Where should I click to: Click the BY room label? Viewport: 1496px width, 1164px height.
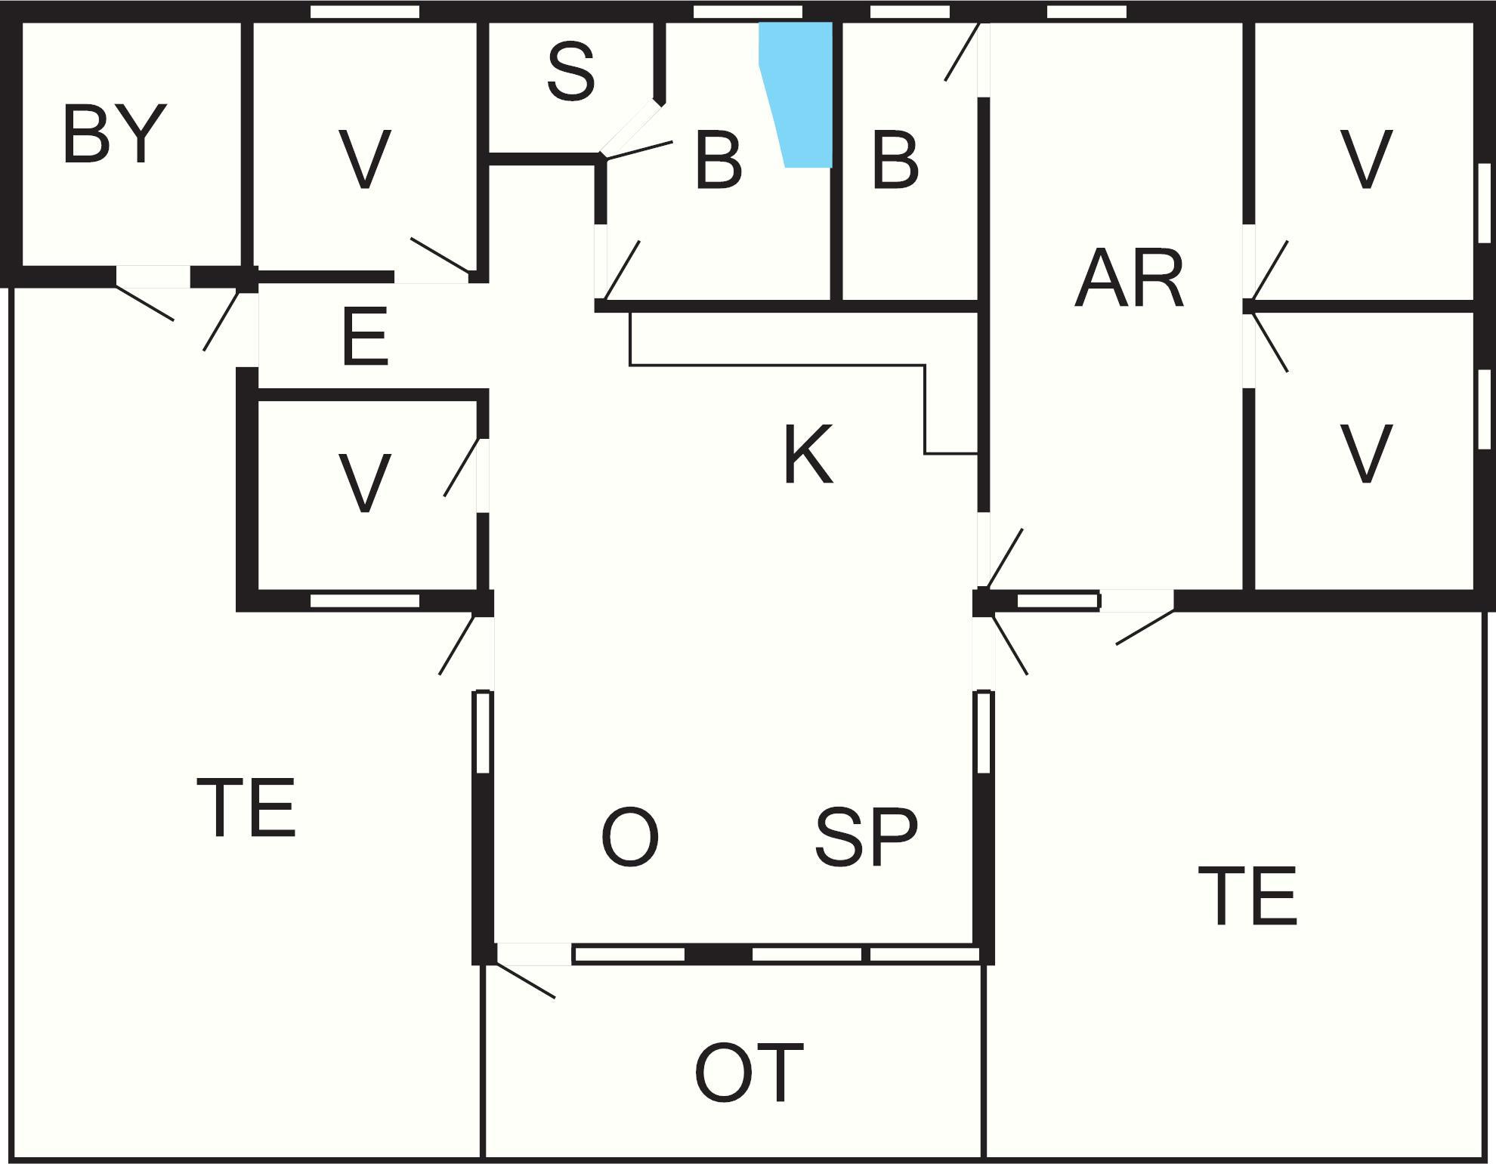point(114,134)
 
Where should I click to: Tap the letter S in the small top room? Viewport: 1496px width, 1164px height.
point(571,72)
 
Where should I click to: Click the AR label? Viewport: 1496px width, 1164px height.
point(1129,279)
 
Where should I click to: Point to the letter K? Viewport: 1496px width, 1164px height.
point(808,455)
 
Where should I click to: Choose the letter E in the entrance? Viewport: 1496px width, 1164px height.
point(365,337)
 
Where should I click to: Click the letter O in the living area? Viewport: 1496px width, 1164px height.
point(630,837)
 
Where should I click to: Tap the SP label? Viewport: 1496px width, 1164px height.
point(867,837)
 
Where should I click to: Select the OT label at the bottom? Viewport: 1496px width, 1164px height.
point(749,1073)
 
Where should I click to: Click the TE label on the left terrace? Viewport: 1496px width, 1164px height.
point(246,808)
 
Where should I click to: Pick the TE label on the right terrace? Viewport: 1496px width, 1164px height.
point(1248,897)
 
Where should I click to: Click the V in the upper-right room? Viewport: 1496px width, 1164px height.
point(1365,159)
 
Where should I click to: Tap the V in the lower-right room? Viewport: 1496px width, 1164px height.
point(1365,453)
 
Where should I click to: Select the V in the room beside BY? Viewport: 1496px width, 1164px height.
point(365,159)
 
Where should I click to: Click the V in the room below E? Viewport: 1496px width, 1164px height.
point(365,483)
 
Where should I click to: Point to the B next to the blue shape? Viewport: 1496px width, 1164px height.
point(718,159)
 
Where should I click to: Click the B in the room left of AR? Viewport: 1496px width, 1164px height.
point(895,159)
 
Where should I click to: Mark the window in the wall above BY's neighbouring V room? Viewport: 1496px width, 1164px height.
point(365,11)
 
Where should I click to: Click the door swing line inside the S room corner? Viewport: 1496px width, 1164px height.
point(638,150)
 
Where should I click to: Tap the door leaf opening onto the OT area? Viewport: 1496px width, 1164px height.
point(526,980)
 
